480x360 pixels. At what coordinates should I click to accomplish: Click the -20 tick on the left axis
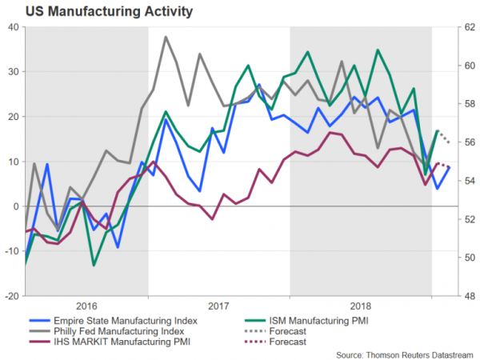(x=10, y=296)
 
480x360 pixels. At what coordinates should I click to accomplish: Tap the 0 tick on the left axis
(x=15, y=206)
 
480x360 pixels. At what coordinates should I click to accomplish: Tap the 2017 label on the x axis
(x=218, y=306)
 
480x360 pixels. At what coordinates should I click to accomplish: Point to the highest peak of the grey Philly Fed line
(x=166, y=37)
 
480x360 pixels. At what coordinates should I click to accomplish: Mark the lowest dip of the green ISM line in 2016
(x=94, y=265)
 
